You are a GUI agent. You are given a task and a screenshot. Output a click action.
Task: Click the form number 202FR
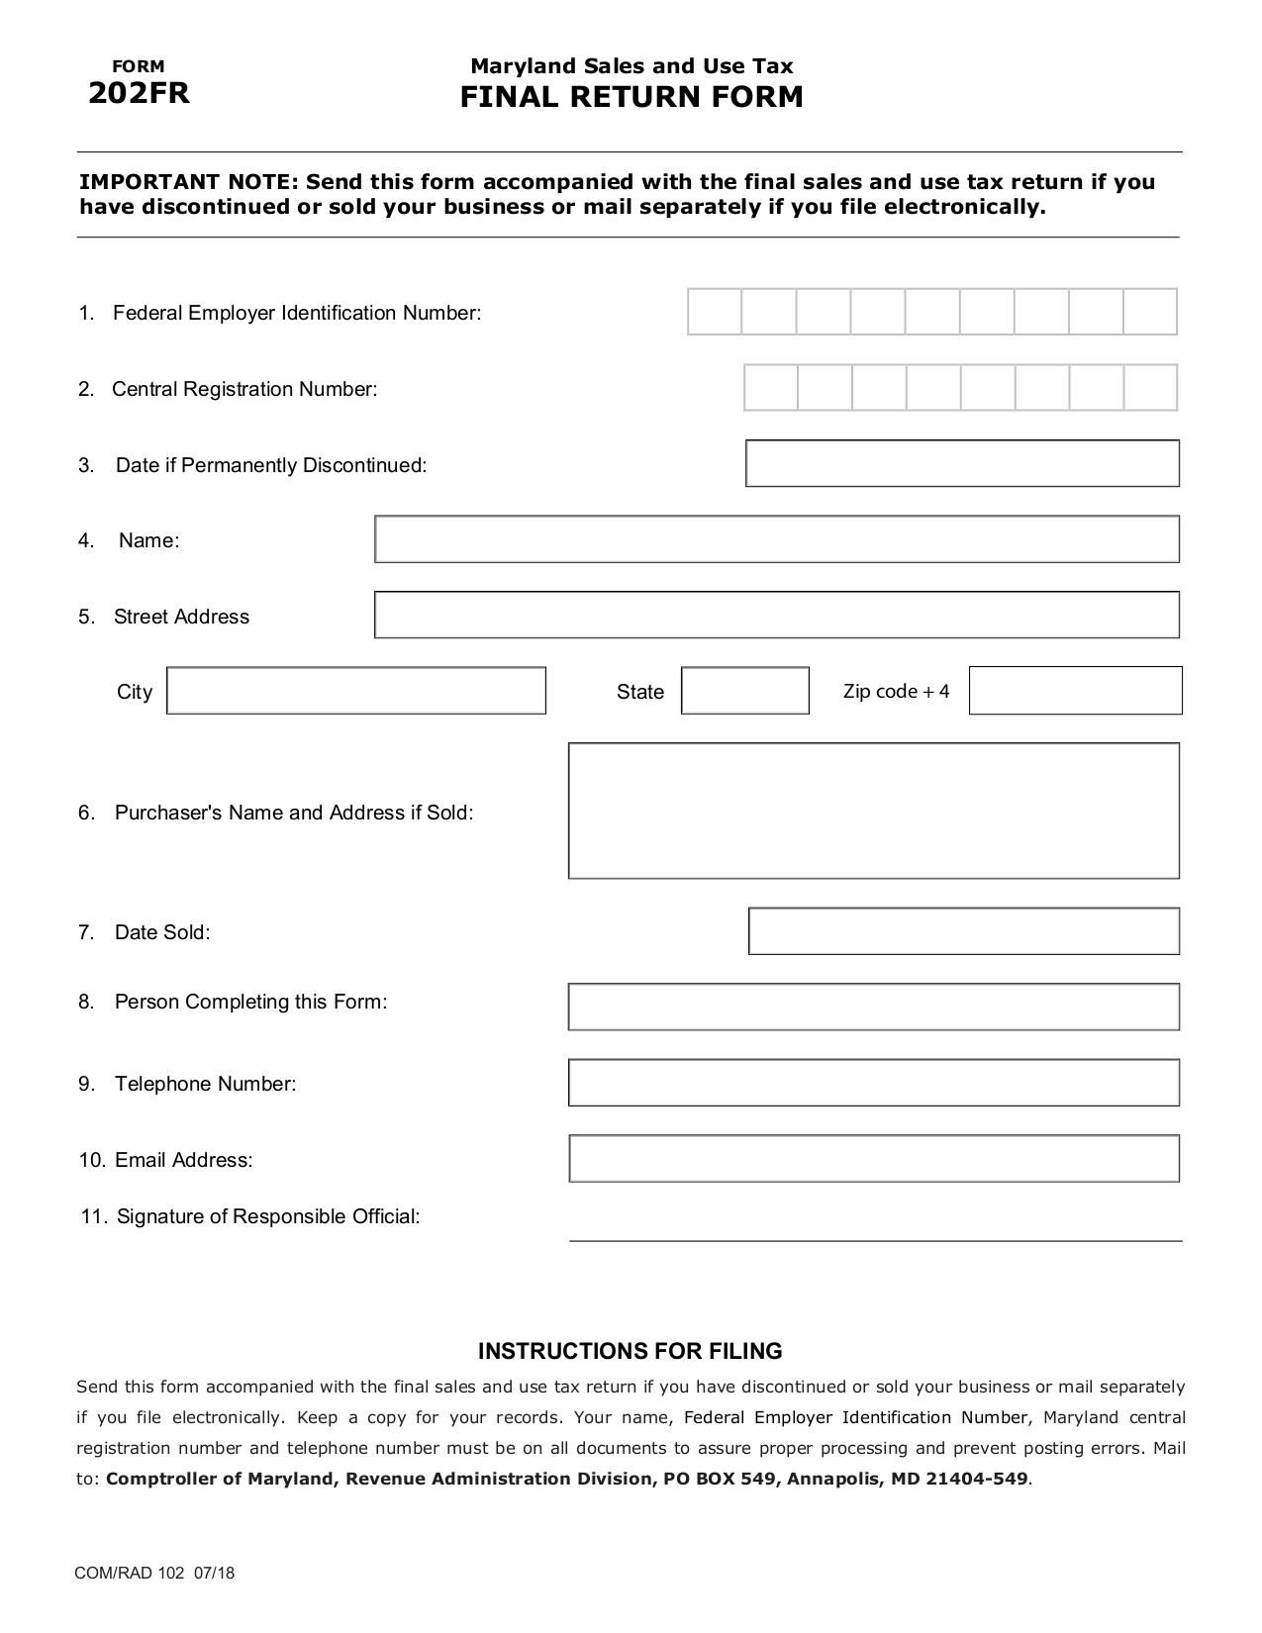point(139,93)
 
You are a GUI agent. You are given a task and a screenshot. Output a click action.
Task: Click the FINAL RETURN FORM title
point(631,97)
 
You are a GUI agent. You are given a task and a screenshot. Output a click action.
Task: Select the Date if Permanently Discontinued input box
point(962,463)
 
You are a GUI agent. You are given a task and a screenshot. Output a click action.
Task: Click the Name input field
point(777,539)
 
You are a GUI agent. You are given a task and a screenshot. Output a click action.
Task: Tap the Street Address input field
point(777,615)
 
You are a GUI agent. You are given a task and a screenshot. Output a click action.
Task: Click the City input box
point(356,691)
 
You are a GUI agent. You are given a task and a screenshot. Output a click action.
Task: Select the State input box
point(744,691)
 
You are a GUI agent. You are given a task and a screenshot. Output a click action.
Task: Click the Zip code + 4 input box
point(1075,691)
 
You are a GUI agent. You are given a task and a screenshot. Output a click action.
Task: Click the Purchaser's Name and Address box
point(874,811)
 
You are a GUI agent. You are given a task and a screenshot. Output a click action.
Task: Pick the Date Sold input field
point(964,931)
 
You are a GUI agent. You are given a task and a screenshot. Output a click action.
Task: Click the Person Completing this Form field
point(874,1007)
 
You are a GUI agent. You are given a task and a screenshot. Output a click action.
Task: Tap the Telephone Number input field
point(874,1083)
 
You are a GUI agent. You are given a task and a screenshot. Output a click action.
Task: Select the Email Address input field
point(874,1159)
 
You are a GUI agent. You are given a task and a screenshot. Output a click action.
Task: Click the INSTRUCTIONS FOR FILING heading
point(631,1351)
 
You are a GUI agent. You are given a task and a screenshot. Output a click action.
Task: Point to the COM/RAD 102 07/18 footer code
point(154,1573)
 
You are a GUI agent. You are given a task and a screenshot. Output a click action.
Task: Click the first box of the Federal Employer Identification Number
point(715,313)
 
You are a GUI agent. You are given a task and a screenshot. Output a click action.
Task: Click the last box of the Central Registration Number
point(1150,388)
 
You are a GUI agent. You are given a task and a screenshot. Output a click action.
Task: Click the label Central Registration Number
point(244,389)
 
